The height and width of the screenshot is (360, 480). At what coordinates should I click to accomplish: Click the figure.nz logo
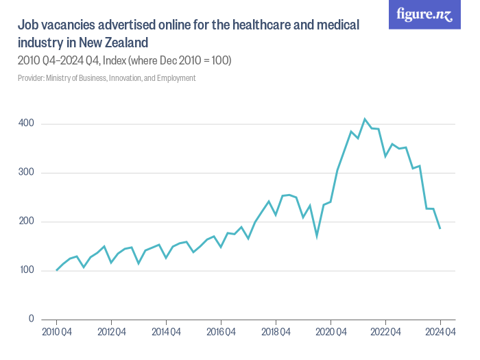pyautogui.click(x=424, y=15)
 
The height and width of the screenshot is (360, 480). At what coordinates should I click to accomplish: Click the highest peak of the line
pyautogui.click(x=365, y=119)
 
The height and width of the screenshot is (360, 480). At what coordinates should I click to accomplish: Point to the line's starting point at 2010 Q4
pyautogui.click(x=56, y=270)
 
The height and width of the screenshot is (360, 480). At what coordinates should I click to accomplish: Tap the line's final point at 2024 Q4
pyautogui.click(x=440, y=228)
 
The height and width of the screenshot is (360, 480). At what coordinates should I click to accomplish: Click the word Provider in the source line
pyautogui.click(x=31, y=78)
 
